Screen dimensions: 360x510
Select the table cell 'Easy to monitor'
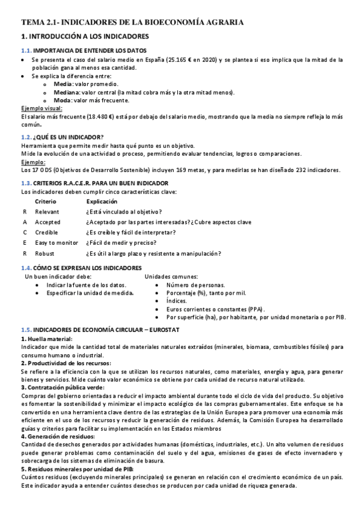pos(56,242)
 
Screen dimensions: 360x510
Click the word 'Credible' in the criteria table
pos(47,232)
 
